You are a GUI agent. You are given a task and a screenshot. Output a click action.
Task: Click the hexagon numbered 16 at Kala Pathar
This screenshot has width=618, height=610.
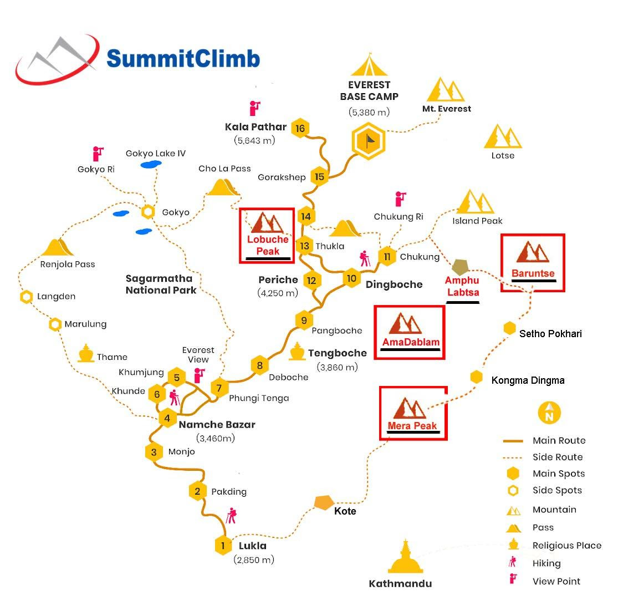point(300,129)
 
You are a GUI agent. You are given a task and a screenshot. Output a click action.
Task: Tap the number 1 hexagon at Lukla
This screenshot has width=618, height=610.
point(223,546)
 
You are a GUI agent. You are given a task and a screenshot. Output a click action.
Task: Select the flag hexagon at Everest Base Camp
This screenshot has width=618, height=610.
point(368,141)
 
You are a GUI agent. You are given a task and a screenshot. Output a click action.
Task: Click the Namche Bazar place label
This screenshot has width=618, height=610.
point(217,425)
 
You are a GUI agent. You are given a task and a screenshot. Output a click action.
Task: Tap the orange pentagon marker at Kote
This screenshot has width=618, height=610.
point(323,502)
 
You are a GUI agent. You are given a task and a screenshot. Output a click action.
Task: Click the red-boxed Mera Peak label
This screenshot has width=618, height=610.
point(412,426)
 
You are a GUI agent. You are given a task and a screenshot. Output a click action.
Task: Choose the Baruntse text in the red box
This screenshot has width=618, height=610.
point(533,273)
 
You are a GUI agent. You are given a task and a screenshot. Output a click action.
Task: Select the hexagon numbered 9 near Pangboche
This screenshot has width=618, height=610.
point(304,320)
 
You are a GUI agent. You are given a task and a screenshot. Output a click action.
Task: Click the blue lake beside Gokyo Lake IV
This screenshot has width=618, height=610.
point(148,165)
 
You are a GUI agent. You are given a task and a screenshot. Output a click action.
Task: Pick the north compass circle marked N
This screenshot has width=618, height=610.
point(549,412)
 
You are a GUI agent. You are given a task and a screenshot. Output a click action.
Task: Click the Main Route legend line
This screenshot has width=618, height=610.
point(513,441)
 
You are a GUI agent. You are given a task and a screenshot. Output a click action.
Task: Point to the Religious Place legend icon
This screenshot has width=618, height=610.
point(513,545)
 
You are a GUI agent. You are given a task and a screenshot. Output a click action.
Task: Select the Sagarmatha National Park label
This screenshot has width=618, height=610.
point(160,284)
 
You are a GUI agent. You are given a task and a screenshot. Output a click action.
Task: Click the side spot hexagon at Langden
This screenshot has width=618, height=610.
point(26,297)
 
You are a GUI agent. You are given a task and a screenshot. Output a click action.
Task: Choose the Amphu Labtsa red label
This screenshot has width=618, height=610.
point(462,287)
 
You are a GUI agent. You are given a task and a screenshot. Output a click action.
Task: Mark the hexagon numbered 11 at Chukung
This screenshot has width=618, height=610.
point(387,256)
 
